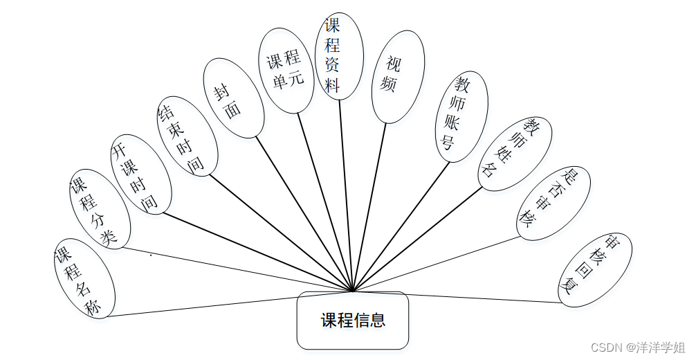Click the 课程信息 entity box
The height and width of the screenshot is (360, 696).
(x=353, y=321)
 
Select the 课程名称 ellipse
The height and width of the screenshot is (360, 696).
(x=84, y=280)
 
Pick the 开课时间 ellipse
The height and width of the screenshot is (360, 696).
(x=141, y=174)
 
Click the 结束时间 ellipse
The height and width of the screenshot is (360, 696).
(x=187, y=137)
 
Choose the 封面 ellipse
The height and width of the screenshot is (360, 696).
(x=234, y=98)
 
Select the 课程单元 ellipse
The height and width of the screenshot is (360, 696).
(x=285, y=71)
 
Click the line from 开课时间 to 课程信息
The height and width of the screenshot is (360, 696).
(x=256, y=251)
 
